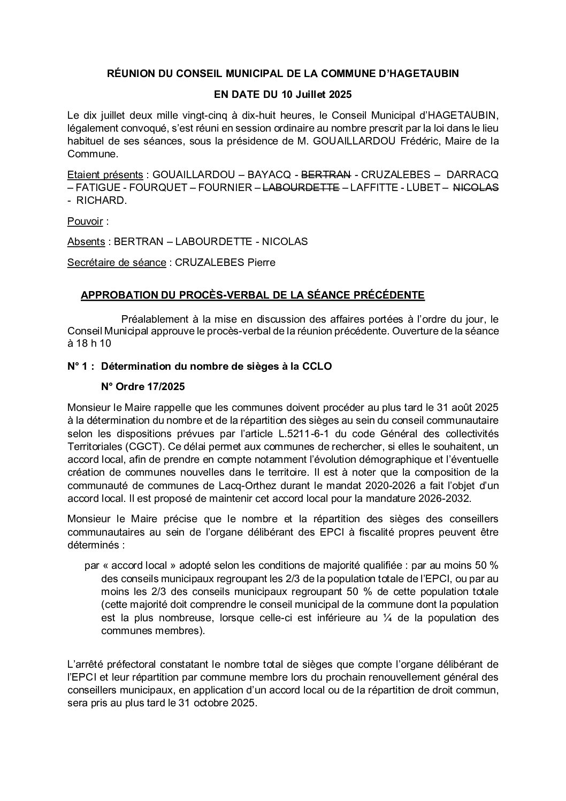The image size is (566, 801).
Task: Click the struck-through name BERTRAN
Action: tap(326, 175)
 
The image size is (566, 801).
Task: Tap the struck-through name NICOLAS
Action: tap(476, 188)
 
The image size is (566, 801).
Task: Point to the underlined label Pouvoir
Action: tap(85, 221)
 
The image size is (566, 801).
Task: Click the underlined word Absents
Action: tap(86, 242)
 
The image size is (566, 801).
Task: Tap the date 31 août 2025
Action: tap(460, 406)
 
